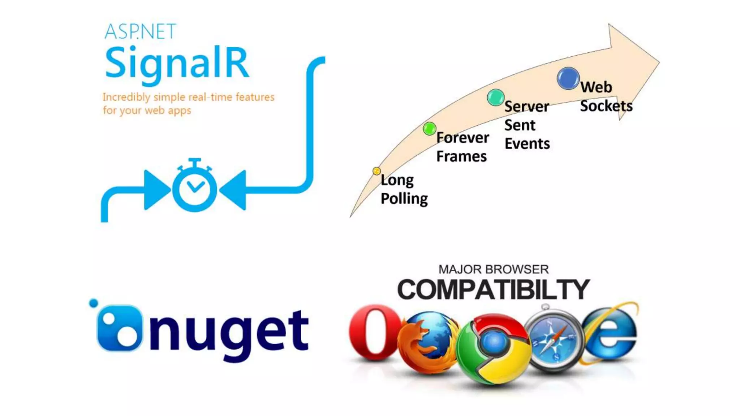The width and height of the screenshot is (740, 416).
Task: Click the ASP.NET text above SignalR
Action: [140, 31]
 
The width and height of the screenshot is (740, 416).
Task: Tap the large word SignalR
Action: [177, 64]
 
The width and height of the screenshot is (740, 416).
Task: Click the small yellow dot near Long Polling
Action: [377, 171]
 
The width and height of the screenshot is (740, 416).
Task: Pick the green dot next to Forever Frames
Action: [429, 129]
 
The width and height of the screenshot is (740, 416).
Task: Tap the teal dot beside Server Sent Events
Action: [495, 97]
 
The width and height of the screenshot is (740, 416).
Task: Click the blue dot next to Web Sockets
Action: [568, 78]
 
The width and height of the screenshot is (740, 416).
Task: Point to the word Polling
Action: [404, 199]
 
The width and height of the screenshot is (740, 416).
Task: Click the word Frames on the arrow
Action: [461, 157]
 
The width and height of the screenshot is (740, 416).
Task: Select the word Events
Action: [527, 144]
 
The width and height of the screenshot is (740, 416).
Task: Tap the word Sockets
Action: [606, 106]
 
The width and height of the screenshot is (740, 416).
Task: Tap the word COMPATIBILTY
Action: [493, 289]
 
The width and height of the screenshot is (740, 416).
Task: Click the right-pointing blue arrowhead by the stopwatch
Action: [156, 190]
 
